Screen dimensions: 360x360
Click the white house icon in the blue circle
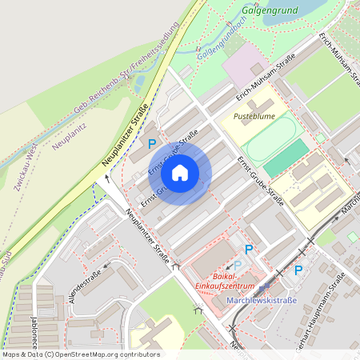click(x=180, y=172)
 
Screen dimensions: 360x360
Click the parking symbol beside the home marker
click(x=152, y=144)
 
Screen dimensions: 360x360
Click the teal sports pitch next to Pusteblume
click(x=287, y=158)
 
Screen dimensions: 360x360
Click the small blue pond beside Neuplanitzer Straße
click(x=139, y=82)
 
